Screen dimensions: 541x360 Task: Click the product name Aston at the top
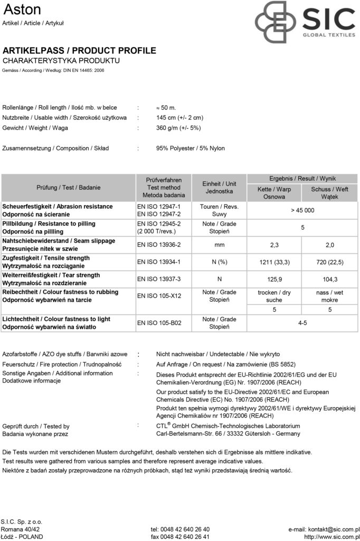tap(22, 10)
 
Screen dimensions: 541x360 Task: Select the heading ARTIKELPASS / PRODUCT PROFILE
tap(79, 51)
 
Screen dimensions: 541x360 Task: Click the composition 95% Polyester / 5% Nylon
tap(191, 148)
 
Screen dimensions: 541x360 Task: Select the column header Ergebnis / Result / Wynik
tap(302, 179)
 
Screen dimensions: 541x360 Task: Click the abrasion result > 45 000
tap(302, 210)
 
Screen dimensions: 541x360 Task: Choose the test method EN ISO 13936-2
tap(159, 245)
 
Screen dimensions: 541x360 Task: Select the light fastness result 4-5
tap(302, 323)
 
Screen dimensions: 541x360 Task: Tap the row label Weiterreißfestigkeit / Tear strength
tap(51, 275)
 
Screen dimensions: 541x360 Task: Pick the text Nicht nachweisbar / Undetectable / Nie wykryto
tap(218, 354)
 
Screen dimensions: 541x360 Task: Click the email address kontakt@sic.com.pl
tap(324, 515)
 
